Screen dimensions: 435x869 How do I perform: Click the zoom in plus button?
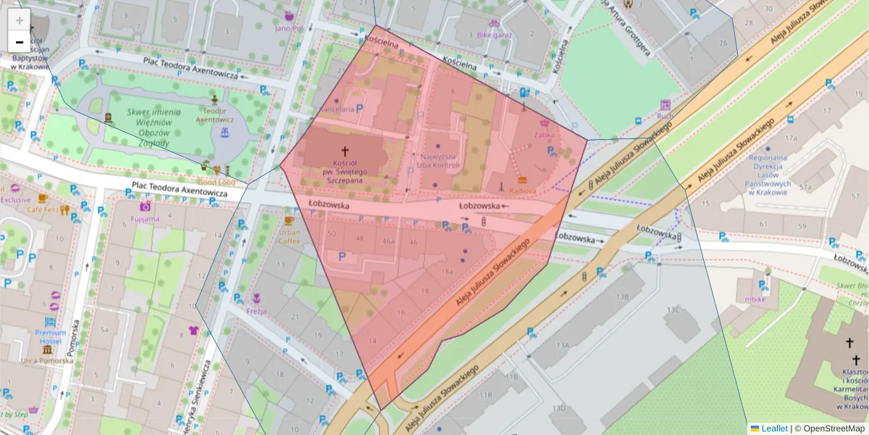(x=20, y=20)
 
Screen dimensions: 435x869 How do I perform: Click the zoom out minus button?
(x=20, y=42)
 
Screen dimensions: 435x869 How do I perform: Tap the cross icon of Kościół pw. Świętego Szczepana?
(x=345, y=152)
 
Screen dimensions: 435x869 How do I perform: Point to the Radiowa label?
(x=523, y=191)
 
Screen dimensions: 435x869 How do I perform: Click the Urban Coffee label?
(x=290, y=236)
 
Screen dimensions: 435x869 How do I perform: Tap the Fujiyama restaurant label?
(x=145, y=217)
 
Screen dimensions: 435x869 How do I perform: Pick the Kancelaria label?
(x=337, y=109)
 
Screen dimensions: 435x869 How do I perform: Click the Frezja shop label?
(x=256, y=311)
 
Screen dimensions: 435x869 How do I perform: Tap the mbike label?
(x=755, y=299)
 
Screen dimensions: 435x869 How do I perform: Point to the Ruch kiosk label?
(x=665, y=116)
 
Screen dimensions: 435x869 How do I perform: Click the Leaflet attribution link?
(x=773, y=428)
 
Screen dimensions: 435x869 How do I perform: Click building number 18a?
(x=447, y=271)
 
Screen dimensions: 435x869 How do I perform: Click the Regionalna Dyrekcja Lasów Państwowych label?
(x=768, y=175)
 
